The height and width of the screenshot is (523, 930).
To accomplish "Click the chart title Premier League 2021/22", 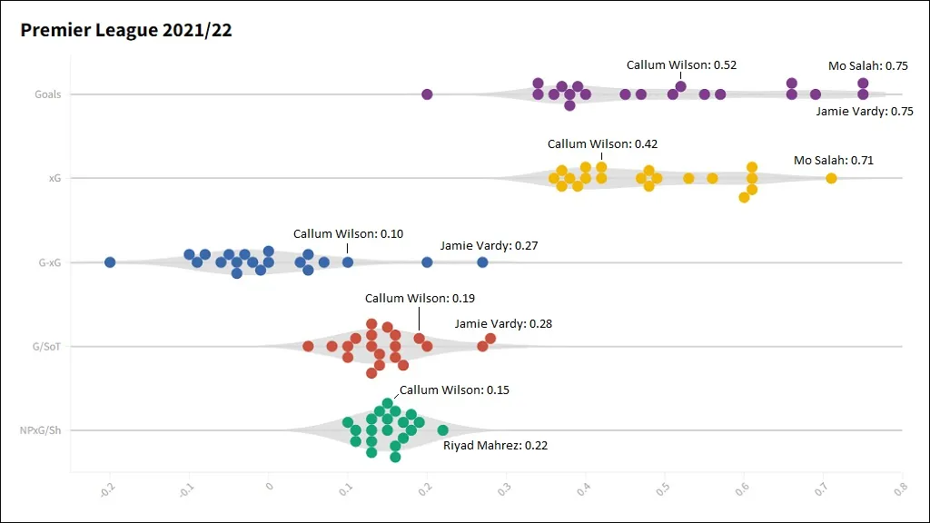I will pos(126,31).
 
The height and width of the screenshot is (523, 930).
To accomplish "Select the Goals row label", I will pos(48,94).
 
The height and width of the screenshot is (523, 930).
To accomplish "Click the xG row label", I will pos(54,179).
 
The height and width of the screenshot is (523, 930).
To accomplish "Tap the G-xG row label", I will pos(49,263).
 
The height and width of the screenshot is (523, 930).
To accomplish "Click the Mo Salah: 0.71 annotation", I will pos(833,161).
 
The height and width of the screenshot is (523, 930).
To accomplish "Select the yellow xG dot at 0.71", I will pos(831,178).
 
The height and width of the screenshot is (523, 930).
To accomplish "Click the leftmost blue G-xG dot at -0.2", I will pos(110,262).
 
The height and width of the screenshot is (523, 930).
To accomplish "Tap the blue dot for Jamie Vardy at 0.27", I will pos(482,262).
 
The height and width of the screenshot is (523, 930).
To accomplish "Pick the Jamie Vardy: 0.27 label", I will pos(490,246).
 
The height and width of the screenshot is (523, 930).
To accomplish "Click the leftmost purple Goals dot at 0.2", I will pos(427,94).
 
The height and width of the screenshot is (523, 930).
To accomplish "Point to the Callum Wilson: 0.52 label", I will pos(681,65).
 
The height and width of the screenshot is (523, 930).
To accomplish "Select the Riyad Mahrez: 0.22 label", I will pos(495,446).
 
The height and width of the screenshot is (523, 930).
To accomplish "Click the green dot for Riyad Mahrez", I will pos(442,430).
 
